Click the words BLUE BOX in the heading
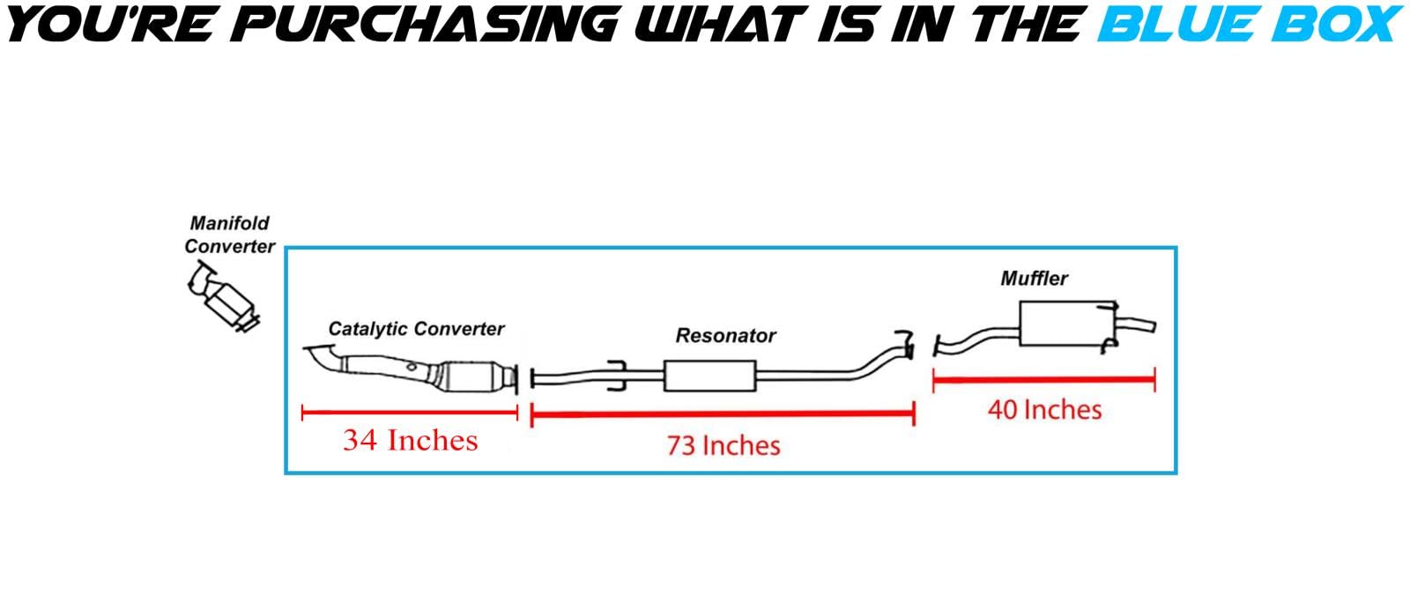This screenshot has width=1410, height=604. pos(1250,24)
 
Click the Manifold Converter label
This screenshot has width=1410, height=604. pos(230,235)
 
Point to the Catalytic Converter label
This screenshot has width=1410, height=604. pos(416,329)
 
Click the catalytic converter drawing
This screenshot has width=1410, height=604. pos(411,369)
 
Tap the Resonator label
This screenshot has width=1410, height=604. pos(725,336)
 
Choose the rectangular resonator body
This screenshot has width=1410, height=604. pos(710,376)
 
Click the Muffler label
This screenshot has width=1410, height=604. pos(1035,279)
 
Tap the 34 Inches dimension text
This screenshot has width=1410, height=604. pos(411,440)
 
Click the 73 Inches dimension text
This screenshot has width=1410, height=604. pos(724,446)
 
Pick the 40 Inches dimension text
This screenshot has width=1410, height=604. pos(1045,410)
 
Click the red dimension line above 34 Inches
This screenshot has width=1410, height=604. pos(410,414)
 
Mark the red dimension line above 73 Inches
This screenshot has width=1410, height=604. pos(723,414)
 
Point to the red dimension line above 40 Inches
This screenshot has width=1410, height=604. pos(1044,380)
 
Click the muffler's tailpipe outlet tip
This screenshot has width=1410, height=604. pos(1154,326)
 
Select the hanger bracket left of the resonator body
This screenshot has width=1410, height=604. pos(617,376)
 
